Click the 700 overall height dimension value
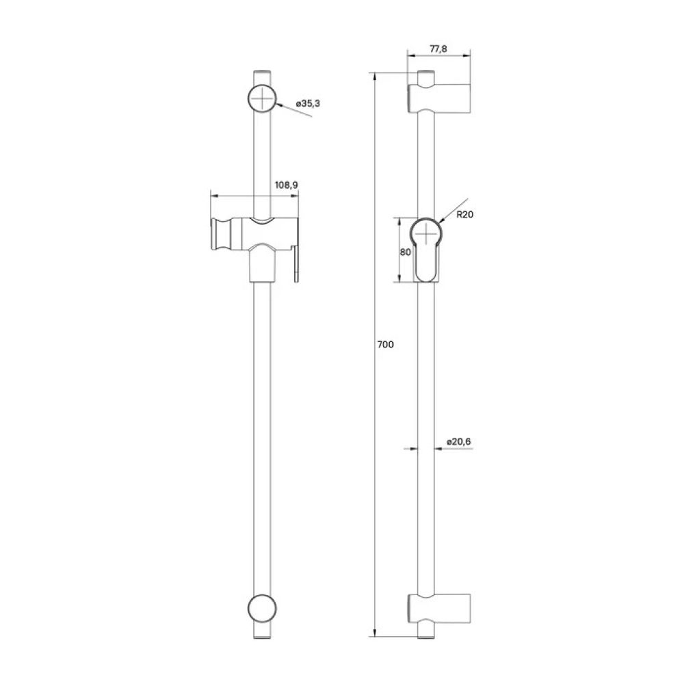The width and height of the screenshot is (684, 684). click(385, 345)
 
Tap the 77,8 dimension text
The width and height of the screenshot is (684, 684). click(438, 48)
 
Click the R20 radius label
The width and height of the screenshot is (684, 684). click(466, 214)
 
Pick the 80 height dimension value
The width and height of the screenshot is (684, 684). click(404, 251)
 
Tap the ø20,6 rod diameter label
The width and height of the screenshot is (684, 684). click(458, 442)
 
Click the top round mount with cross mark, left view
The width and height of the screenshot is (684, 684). click(262, 98)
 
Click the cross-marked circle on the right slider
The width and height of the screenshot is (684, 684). click(427, 233)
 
